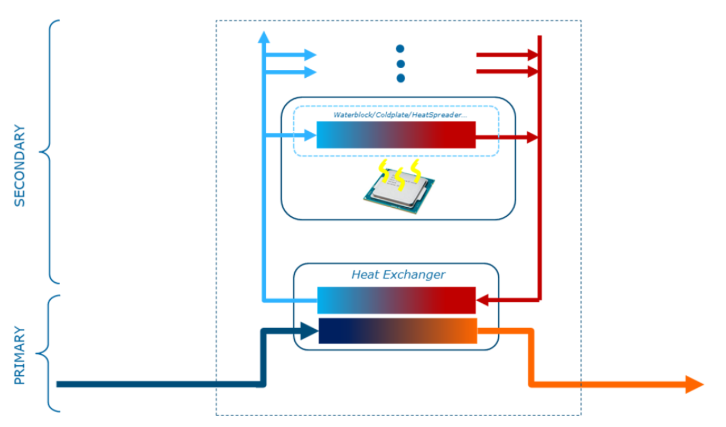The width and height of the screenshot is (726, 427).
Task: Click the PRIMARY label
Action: [20, 355]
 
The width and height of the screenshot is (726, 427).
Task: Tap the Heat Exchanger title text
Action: [398, 275]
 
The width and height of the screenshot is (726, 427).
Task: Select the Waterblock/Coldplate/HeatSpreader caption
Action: [400, 115]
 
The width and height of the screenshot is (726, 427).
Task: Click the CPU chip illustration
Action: [399, 190]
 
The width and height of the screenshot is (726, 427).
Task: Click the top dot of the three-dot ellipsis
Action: [400, 49]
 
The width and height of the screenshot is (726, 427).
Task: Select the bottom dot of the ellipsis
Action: [400, 78]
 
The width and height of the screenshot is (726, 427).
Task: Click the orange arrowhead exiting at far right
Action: [694, 384]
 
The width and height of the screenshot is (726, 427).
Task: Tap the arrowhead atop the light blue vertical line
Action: [263, 37]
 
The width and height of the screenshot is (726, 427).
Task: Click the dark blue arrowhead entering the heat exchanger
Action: [308, 330]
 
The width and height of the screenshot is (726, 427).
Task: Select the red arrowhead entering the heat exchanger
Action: [484, 299]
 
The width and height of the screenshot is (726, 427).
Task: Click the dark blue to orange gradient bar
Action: [397, 330]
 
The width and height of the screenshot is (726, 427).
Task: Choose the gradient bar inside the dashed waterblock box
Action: [395, 135]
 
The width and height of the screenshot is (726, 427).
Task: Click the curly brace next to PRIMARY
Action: [49, 353]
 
